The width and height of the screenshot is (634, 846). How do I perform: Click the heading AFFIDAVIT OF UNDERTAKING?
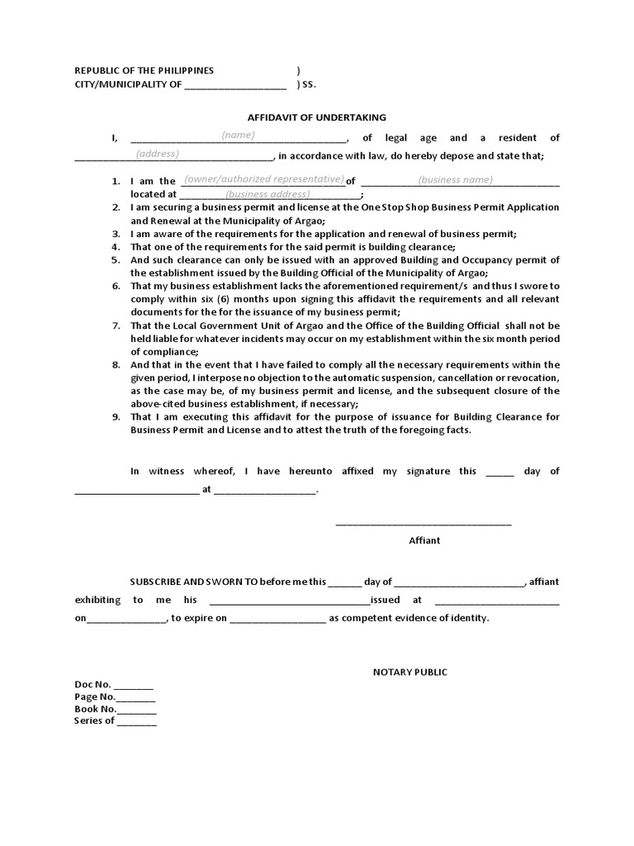pyautogui.click(x=317, y=118)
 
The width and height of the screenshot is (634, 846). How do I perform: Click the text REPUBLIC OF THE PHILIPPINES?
pyautogui.click(x=144, y=71)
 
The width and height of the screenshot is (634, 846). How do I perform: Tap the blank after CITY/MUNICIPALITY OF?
pyautogui.click(x=235, y=86)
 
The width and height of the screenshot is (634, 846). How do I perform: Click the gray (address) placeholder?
pyautogui.click(x=158, y=154)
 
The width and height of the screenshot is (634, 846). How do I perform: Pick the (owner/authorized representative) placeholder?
pyautogui.click(x=263, y=179)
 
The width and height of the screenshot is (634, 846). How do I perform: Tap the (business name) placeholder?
pyautogui.click(x=455, y=180)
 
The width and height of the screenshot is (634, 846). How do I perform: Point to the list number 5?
pyautogui.click(x=116, y=260)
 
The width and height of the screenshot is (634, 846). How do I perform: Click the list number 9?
pyautogui.click(x=116, y=417)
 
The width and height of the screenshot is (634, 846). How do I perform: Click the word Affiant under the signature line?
pyautogui.click(x=424, y=540)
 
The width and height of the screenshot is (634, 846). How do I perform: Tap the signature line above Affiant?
pyautogui.click(x=423, y=523)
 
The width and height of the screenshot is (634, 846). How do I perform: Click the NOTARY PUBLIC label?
pyautogui.click(x=409, y=673)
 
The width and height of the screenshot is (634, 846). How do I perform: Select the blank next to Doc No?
pyautogui.click(x=134, y=687)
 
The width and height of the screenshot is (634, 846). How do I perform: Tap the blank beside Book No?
pyautogui.click(x=137, y=710)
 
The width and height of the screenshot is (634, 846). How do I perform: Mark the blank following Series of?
pyautogui.click(x=136, y=722)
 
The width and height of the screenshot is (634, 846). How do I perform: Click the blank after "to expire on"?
pyautogui.click(x=277, y=619)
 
